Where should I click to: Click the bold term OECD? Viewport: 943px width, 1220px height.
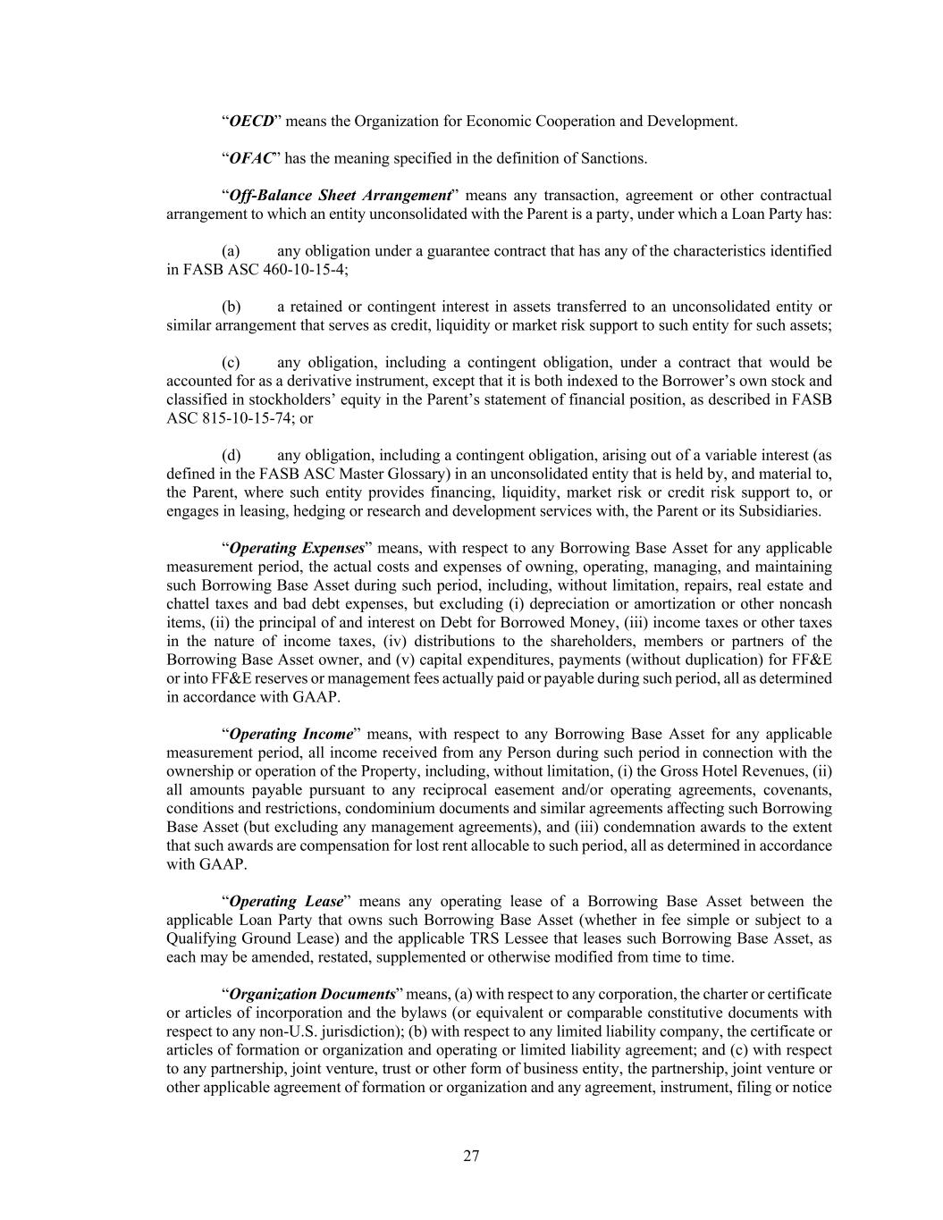[x=251, y=121]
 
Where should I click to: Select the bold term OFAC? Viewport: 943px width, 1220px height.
[x=250, y=158]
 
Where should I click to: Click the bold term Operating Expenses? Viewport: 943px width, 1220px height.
[x=297, y=548]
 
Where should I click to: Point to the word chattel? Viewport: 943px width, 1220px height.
[x=187, y=604]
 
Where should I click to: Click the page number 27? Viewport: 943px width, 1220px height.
[x=471, y=1157]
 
